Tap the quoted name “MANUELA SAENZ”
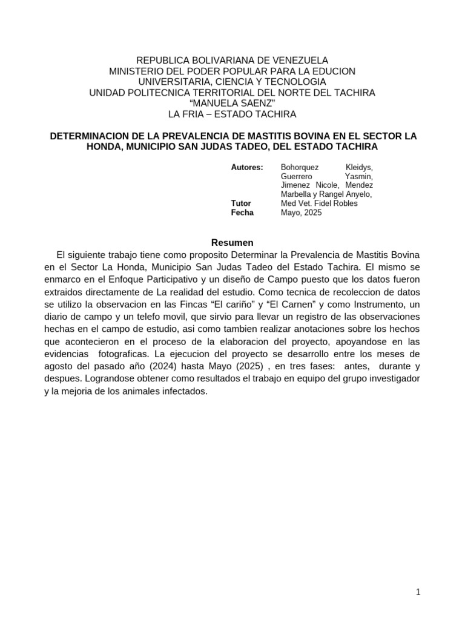click(232, 103)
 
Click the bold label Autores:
click(247, 167)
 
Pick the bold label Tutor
click(241, 203)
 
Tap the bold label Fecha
click(242, 213)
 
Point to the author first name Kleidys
click(359, 167)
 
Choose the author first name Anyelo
click(358, 194)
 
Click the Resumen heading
click(232, 242)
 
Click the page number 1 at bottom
click(418, 592)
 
